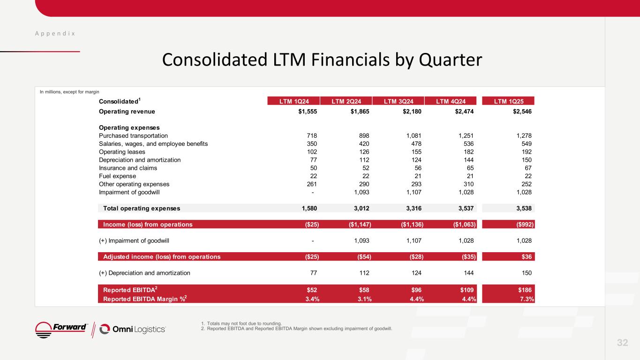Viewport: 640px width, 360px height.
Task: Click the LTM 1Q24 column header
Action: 294,101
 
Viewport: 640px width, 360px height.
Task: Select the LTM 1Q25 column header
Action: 508,101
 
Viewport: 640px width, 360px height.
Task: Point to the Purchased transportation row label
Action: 130,135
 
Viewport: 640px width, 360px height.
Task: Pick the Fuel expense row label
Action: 118,176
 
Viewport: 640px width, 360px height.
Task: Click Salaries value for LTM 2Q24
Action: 364,143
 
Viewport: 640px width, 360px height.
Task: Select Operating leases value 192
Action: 527,152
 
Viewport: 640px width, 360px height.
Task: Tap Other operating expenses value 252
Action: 527,184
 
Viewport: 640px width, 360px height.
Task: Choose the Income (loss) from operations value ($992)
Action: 524,225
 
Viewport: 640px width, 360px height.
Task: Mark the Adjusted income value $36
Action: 527,257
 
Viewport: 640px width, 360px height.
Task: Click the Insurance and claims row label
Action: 128,168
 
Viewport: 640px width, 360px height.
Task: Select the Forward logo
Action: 61,329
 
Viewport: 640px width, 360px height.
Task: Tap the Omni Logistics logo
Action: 133,330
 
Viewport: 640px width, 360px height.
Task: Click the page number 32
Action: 622,343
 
